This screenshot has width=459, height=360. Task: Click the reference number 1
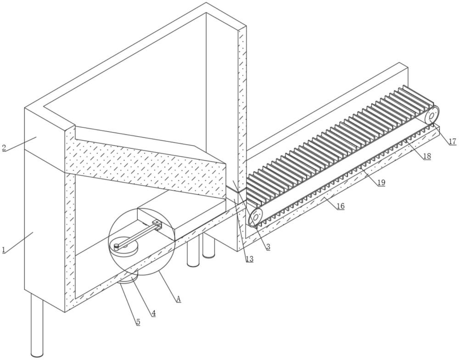tap(4, 250)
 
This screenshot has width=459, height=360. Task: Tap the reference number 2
tap(4, 148)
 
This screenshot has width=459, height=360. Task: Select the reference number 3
tap(268, 247)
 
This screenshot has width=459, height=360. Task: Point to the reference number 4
tap(153, 313)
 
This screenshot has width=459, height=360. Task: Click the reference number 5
tap(138, 322)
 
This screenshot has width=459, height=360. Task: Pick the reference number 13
tap(249, 259)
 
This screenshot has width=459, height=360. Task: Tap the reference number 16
tap(340, 206)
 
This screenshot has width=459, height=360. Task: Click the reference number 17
tap(453, 141)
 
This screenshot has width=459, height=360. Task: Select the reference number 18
tap(427, 156)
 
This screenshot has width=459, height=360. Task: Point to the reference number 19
tap(381, 183)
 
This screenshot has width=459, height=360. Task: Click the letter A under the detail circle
tap(178, 299)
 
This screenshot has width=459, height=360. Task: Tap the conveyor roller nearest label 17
tap(432, 115)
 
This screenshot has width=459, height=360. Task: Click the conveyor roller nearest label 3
tap(255, 217)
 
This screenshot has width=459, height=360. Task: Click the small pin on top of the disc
tap(117, 246)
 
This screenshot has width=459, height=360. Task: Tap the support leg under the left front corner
tap(37, 326)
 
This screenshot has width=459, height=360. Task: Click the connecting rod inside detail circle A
tap(138, 234)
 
